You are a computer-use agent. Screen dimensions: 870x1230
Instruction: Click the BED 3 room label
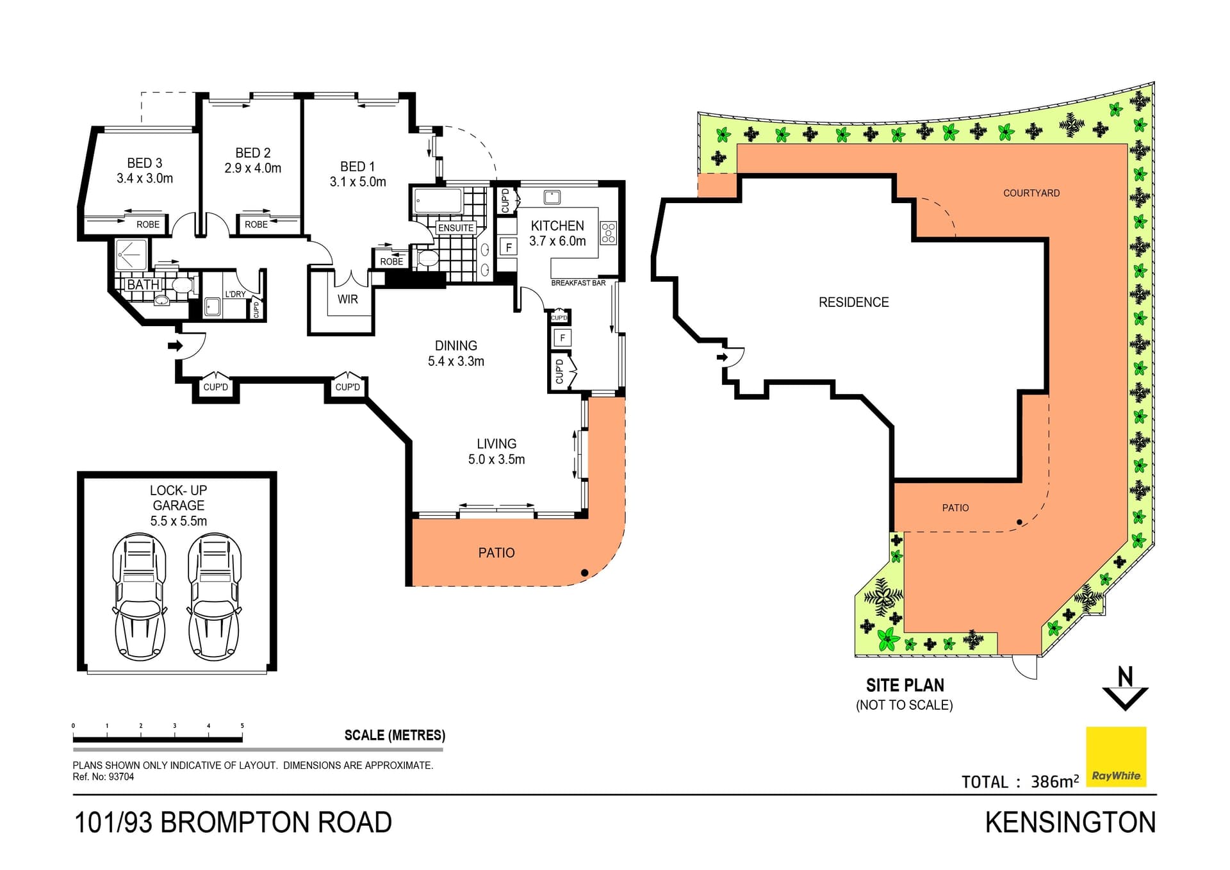144,163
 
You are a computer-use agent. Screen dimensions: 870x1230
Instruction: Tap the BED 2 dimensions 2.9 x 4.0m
252,168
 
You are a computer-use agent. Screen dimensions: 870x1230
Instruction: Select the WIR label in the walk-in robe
347,299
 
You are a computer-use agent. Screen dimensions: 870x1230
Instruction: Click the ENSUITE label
455,227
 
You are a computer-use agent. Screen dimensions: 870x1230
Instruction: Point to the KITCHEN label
557,226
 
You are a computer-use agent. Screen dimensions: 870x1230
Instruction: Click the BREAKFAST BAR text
578,283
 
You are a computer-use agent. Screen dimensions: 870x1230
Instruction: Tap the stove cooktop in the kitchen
608,233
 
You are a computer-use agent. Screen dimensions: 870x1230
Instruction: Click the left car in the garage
139,597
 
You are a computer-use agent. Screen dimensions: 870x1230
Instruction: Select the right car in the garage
214,597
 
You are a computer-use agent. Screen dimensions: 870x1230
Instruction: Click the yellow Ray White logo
1116,756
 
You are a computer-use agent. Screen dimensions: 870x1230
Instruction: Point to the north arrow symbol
1125,689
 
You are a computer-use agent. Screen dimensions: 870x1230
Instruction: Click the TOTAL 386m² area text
1020,782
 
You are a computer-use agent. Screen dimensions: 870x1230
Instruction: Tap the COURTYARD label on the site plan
1031,193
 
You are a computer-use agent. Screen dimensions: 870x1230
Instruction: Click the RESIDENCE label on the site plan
853,302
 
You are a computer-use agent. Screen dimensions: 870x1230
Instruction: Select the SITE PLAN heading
905,685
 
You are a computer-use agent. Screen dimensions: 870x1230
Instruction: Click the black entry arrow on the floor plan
174,346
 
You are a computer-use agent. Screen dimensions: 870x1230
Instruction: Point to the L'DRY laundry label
235,294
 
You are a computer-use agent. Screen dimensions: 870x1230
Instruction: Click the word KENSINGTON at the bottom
1070,823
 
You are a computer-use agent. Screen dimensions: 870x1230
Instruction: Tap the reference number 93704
121,776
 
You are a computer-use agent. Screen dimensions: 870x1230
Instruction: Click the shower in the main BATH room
131,254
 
